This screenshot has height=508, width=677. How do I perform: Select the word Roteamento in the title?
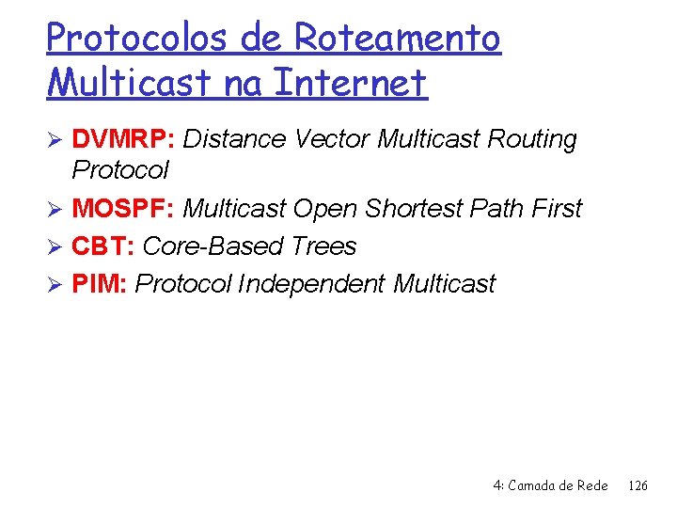pyautogui.click(x=397, y=38)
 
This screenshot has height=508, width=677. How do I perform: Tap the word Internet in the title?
pyautogui.click(x=349, y=83)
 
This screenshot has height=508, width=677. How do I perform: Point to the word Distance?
pyautogui.click(x=234, y=139)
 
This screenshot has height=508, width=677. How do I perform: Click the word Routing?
pyautogui.click(x=532, y=139)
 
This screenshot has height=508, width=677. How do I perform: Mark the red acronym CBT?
pyautogui.click(x=103, y=246)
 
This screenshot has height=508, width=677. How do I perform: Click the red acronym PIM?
pyautogui.click(x=101, y=284)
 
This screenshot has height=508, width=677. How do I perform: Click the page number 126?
pyautogui.click(x=638, y=485)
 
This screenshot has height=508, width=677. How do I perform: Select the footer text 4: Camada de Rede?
pyautogui.click(x=550, y=485)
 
